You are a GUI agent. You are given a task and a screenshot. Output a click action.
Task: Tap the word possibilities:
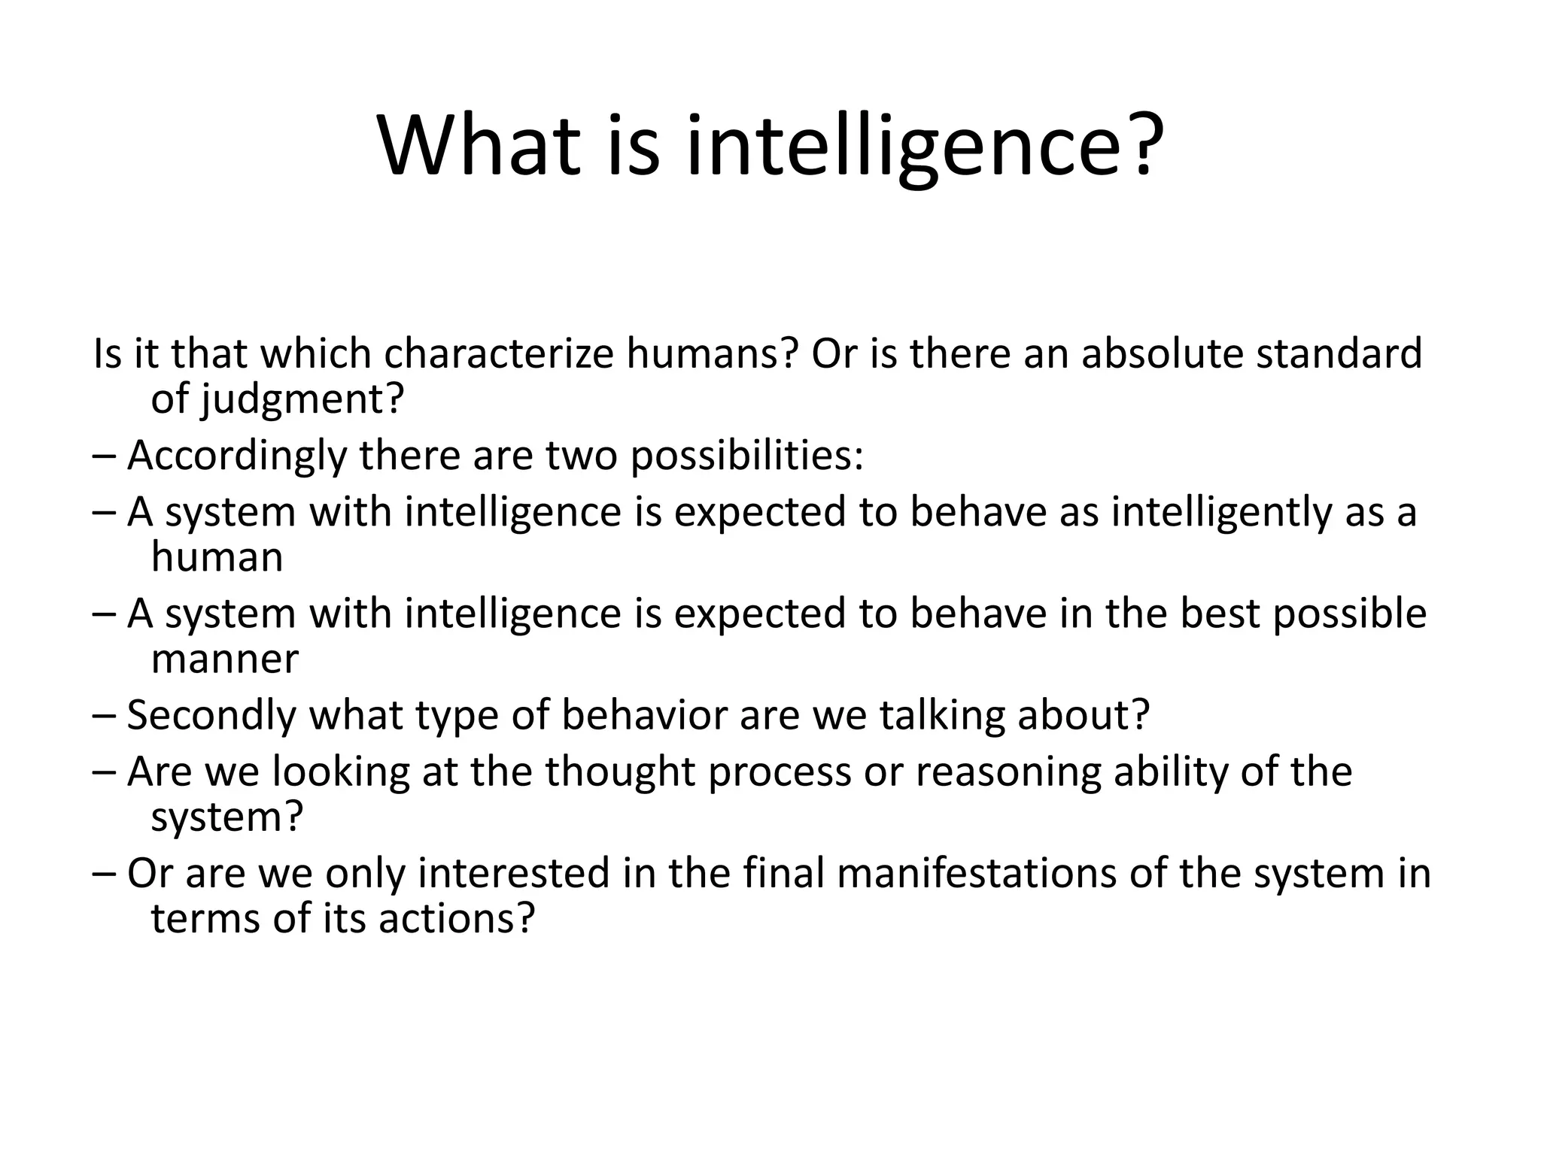[x=747, y=456]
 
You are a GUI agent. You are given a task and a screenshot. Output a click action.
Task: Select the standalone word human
[x=217, y=558]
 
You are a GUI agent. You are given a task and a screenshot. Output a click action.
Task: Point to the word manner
[x=225, y=659]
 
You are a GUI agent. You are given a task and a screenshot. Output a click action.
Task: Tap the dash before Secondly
[x=105, y=716]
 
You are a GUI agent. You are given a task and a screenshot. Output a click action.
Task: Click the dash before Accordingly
[x=105, y=456]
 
